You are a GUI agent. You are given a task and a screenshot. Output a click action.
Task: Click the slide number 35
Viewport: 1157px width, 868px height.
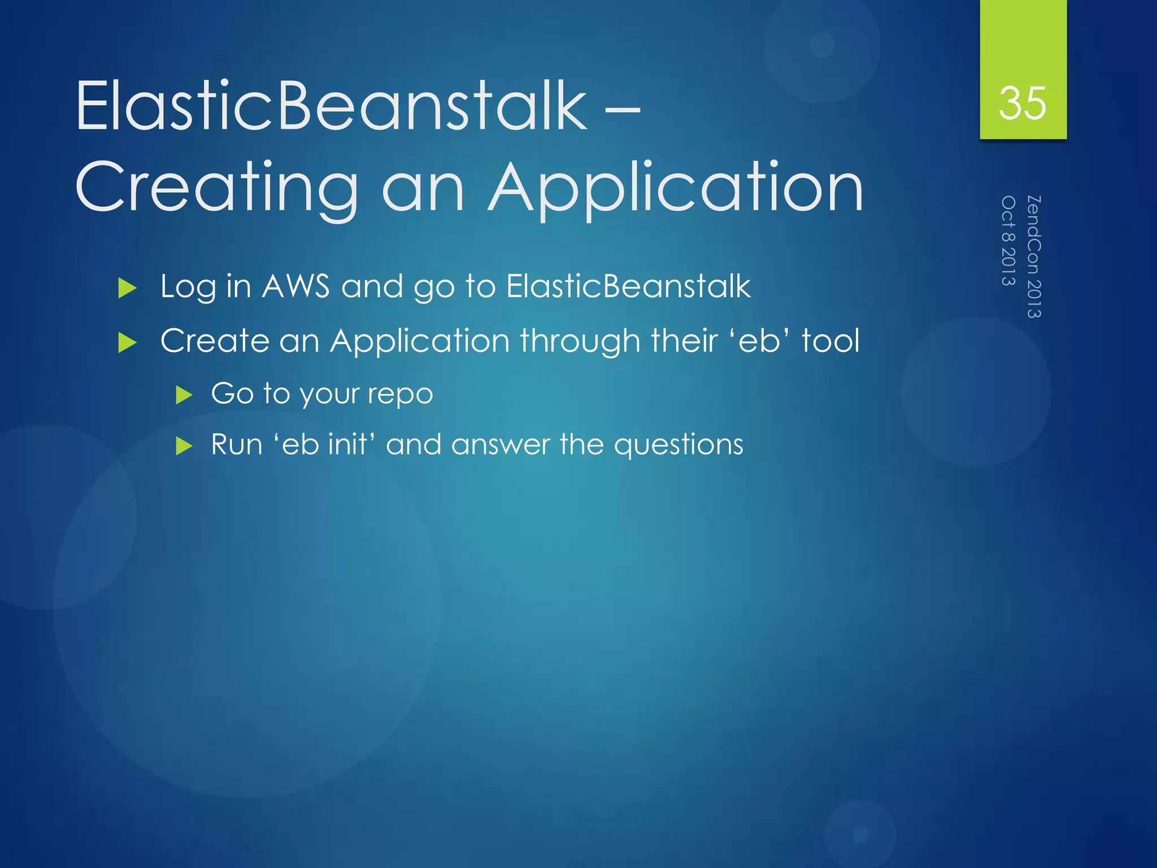1022,103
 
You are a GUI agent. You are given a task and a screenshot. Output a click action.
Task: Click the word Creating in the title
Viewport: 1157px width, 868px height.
216,188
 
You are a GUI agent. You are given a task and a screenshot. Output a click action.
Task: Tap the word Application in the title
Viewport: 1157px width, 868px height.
676,188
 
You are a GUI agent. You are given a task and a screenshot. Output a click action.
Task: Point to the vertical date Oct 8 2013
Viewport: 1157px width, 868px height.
1008,240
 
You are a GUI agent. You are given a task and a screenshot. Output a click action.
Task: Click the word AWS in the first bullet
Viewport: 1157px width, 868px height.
295,286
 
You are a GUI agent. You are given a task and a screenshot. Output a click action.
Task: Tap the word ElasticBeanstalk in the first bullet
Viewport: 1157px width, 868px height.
628,286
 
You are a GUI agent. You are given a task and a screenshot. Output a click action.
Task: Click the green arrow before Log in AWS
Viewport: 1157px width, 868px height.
128,289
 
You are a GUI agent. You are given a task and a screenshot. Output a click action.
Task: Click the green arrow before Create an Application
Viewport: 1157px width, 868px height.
128,343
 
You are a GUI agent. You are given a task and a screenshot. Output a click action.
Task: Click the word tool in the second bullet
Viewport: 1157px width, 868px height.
830,341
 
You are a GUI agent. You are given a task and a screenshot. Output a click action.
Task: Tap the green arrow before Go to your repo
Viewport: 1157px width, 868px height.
184,395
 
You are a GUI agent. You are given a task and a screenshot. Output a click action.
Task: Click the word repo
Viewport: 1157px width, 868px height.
401,394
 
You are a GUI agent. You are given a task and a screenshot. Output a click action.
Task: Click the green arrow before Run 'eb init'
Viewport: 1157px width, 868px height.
184,446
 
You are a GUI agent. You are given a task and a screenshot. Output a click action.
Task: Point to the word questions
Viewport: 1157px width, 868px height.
678,445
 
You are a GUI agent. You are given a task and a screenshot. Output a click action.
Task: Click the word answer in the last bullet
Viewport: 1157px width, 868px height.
501,445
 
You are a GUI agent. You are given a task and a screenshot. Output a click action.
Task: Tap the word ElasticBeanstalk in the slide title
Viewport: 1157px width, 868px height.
331,106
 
